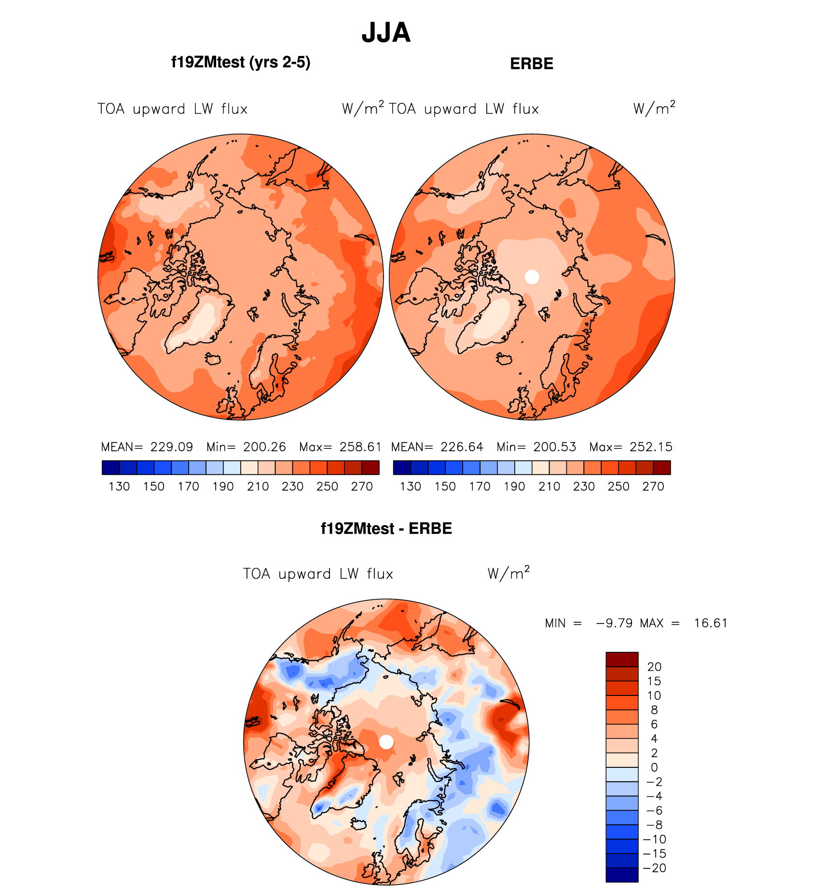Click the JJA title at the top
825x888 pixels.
pyautogui.click(x=386, y=33)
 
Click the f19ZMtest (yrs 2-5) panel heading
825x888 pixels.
pyautogui.click(x=241, y=62)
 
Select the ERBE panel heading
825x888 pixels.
pyautogui.click(x=531, y=64)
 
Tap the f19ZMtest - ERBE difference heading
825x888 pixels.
pyautogui.click(x=386, y=528)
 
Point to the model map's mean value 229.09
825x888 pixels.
pyautogui.click(x=172, y=447)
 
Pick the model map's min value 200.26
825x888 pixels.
pyautogui.click(x=264, y=447)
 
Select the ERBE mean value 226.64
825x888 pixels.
pyautogui.click(x=462, y=447)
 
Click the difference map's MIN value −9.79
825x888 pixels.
pyautogui.click(x=614, y=623)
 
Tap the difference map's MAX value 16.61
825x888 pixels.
pyautogui.click(x=711, y=623)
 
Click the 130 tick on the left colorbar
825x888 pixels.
pyautogui.click(x=119, y=486)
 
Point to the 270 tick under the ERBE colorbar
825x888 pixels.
pyautogui.click(x=653, y=486)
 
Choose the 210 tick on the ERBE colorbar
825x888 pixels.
pyautogui.click(x=549, y=486)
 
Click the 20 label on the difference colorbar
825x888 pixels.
pyautogui.click(x=654, y=667)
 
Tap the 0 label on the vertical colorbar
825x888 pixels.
pyautogui.click(x=654, y=767)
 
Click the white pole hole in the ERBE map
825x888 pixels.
pyautogui.click(x=532, y=277)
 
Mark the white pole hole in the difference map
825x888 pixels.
pyautogui.click(x=386, y=742)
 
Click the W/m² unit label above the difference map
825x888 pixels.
pyautogui.click(x=509, y=573)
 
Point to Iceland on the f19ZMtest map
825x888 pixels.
pyautogui.click(x=213, y=359)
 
